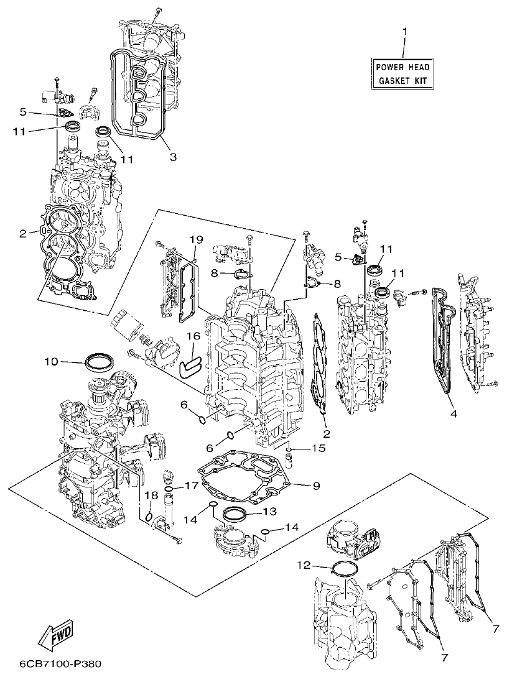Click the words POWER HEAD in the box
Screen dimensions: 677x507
point(402,67)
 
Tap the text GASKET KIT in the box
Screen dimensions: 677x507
point(402,81)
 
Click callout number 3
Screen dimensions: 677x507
point(173,158)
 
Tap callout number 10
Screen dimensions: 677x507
point(50,361)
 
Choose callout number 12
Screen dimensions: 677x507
point(303,565)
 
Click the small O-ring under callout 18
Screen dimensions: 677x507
point(149,516)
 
